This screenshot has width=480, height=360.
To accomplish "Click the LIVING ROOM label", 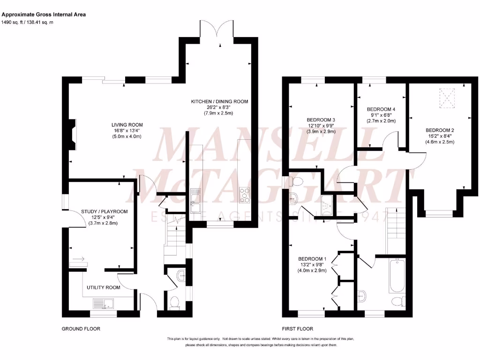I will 127,124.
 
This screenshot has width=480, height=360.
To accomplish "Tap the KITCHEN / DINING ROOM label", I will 219,101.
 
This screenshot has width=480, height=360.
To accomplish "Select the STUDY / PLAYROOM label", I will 104,211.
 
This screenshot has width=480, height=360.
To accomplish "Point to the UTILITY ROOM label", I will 103,287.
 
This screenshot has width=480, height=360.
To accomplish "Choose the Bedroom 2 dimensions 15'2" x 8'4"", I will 440,136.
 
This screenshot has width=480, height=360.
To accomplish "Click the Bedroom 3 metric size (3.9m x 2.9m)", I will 321,132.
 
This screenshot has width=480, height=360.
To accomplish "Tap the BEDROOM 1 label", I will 312,259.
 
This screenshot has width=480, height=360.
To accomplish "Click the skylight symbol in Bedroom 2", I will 447,98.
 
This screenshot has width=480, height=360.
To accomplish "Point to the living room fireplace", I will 72,135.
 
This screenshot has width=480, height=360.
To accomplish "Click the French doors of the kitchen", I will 219,34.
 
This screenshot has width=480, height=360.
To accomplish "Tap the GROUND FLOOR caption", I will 81,329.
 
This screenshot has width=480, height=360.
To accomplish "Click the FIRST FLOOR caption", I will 298,329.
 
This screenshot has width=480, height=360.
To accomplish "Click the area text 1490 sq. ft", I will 13,22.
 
